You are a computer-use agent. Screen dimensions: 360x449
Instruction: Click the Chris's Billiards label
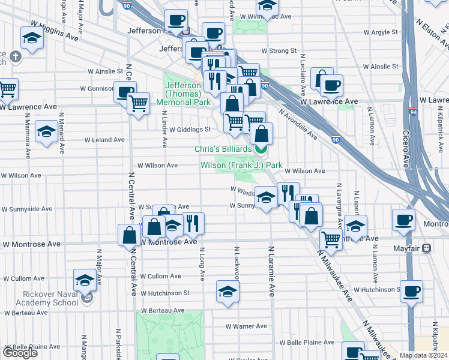click(223, 149)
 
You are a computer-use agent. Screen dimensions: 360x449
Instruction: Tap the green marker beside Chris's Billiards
click(261, 149)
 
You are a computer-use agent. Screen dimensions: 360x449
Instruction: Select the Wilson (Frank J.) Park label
click(241, 165)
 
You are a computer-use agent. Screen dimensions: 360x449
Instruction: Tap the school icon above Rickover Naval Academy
click(85, 280)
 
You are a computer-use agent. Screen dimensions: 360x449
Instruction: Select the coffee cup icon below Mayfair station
click(411, 291)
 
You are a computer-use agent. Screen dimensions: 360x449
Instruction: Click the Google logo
click(20, 353)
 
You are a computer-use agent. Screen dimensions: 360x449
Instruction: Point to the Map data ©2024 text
click(424, 355)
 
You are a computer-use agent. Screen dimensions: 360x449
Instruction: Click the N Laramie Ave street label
click(271, 271)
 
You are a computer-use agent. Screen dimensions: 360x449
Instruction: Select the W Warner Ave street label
click(247, 326)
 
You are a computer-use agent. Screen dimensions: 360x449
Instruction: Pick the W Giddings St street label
click(190, 129)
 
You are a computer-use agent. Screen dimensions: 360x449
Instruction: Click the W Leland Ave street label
click(106, 139)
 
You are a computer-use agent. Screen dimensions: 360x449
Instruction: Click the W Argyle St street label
click(378, 32)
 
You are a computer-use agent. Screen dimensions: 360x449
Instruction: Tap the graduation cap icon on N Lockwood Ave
click(228, 292)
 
